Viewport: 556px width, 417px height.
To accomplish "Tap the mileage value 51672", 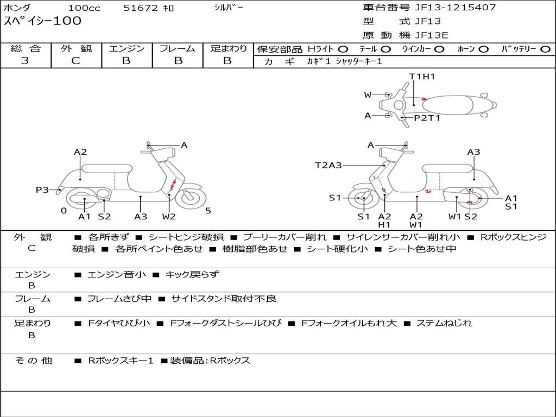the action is pos(141,8).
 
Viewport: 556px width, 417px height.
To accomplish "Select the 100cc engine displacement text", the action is pos(84,8).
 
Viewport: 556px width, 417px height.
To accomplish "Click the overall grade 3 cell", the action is pos(25,61).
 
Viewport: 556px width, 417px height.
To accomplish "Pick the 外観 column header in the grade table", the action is pos(76,48).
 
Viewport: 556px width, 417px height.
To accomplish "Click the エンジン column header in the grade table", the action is pos(127,48).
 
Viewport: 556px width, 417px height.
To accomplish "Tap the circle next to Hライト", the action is pos(343,49).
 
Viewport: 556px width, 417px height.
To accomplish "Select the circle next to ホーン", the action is pos(484,49).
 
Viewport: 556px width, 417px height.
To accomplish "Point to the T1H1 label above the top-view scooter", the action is pos(422,77).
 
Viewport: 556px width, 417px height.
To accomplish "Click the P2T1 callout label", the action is pos(427,118).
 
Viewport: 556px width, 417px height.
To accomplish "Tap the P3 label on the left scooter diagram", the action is pos(42,189).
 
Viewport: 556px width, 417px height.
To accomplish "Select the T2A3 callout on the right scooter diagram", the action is pos(328,165).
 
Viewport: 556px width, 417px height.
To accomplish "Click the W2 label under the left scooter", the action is pos(169,217).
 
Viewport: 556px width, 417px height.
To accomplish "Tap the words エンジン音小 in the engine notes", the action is pos(117,275).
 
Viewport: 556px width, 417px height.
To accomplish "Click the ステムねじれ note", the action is pos(444,323).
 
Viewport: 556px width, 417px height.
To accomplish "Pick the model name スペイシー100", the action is pos(42,21).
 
